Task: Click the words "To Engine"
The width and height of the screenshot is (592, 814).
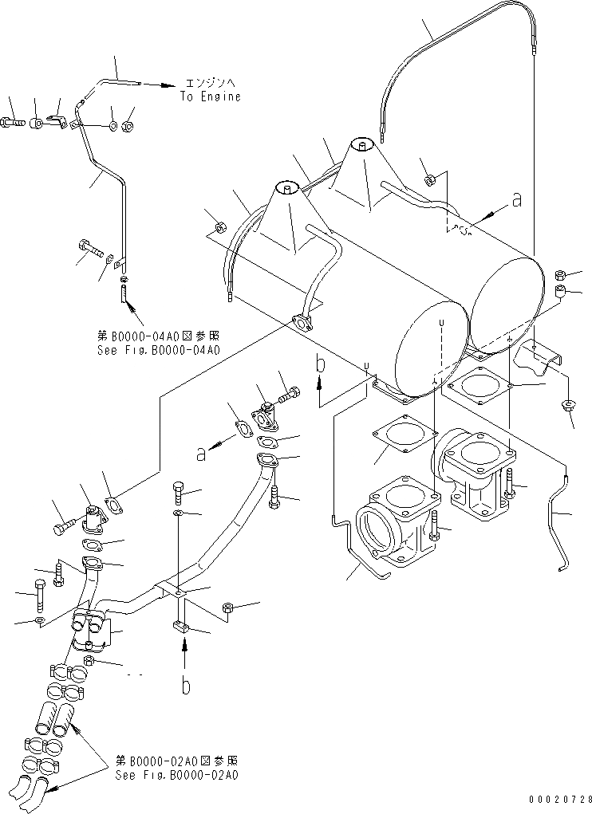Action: (210, 96)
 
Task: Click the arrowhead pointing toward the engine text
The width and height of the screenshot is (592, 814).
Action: (170, 82)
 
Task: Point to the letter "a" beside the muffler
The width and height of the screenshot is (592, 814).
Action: (517, 200)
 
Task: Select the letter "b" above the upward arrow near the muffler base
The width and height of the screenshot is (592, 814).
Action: (319, 365)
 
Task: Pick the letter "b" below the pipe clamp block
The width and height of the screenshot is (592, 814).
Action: (185, 685)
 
